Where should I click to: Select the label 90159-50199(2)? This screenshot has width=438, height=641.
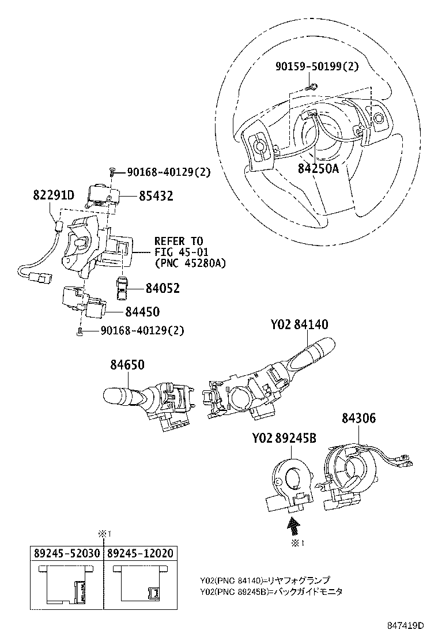coord(316,66)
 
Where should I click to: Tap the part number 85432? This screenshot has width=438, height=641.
coord(156,196)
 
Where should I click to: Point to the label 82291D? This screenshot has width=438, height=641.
coord(53,195)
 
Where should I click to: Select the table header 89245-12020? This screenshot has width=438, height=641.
coord(141,553)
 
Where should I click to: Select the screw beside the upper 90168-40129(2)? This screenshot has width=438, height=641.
coord(112,172)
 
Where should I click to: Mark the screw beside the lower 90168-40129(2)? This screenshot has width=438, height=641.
coord(80,331)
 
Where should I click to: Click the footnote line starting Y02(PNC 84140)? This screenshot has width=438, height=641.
coord(266,580)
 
